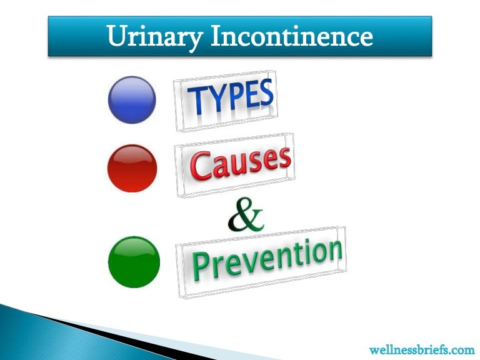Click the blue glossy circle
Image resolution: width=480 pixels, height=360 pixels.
point(132,99)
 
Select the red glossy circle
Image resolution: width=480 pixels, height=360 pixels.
point(132,168)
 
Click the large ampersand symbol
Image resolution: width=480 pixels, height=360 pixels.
point(245,216)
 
